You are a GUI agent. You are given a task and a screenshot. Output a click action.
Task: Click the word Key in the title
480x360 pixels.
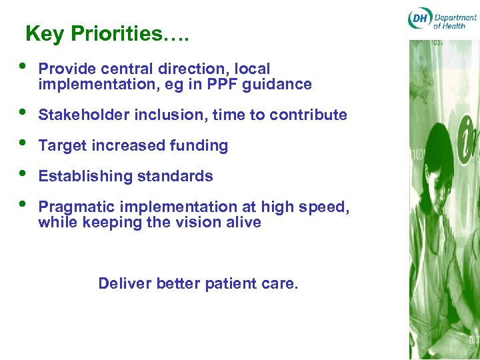pyautogui.click(x=45, y=34)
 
